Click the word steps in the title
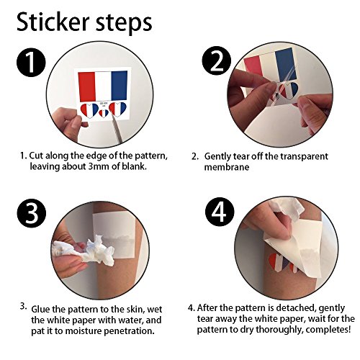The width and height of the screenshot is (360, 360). point(125,24)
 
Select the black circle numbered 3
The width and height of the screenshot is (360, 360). point(31,215)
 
